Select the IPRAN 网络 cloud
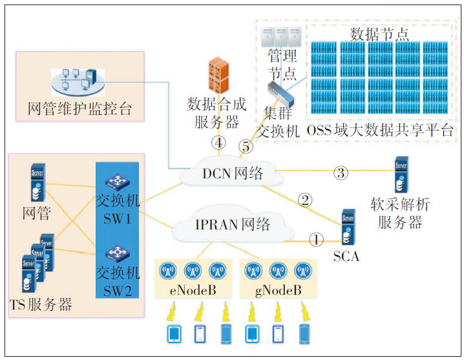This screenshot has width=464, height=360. coord(231,225)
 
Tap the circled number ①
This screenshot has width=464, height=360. coord(315,240)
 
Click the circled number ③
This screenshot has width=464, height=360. coord(341,173)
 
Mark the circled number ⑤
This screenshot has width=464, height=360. coord(246,147)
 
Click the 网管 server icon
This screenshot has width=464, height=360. coord(37,183)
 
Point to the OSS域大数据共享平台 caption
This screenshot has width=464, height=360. coord(380,131)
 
